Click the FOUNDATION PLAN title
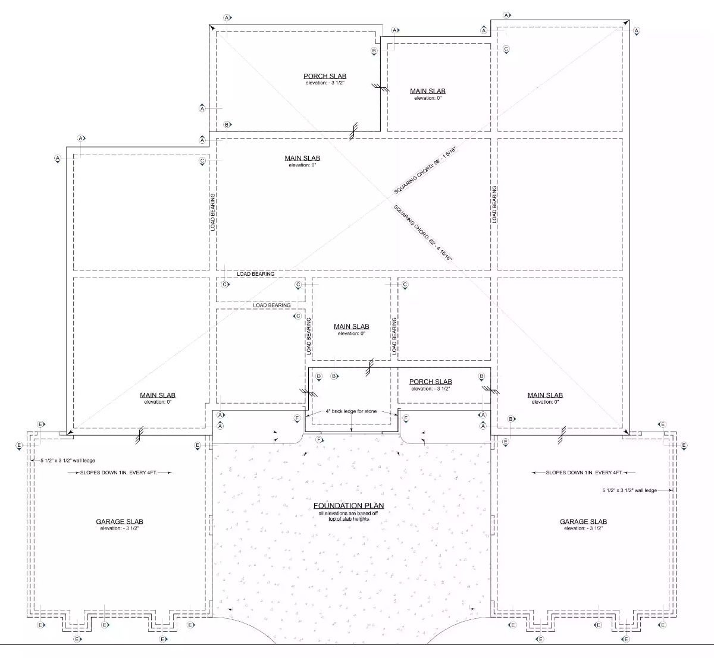tap(349, 506)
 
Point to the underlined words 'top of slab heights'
tap(349, 519)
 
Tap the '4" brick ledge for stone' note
tap(351, 411)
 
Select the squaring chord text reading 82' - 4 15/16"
tap(424, 233)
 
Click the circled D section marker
tap(318, 376)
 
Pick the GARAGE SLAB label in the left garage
tap(120, 522)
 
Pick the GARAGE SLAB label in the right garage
tap(583, 522)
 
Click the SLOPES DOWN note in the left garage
tap(127, 473)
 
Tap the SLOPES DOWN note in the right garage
tap(584, 473)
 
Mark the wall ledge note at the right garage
tap(630, 490)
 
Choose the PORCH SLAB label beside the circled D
tap(430, 382)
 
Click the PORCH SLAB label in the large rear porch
tap(325, 76)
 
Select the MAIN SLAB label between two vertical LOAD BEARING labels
tap(351, 326)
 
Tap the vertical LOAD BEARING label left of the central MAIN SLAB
tap(309, 336)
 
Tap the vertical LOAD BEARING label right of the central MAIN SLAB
tap(394, 336)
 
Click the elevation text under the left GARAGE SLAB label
tap(120, 528)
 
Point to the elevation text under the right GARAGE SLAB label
tap(583, 528)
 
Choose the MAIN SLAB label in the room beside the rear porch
tap(427, 91)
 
